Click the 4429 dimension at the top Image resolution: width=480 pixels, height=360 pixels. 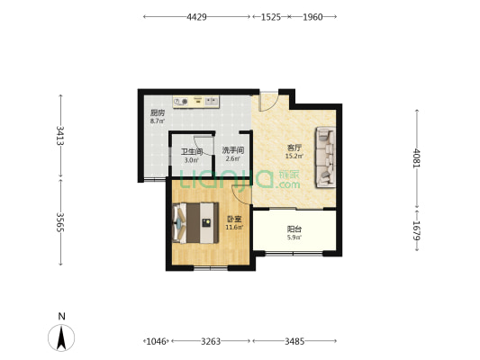click(x=196, y=17)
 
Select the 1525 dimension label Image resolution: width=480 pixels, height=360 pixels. click(x=270, y=17)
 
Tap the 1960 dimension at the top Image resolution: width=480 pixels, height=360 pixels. click(x=312, y=17)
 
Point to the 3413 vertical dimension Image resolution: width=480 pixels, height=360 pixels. click(x=60, y=136)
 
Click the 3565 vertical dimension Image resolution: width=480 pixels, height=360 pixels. click(x=60, y=222)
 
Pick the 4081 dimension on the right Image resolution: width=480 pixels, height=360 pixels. click(x=417, y=157)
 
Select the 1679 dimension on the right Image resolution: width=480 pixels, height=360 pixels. click(x=417, y=230)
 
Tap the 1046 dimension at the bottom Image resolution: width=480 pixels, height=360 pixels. click(x=156, y=341)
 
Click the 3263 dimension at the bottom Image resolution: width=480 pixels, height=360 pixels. click(x=211, y=341)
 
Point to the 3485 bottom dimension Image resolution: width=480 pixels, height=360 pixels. click(x=294, y=341)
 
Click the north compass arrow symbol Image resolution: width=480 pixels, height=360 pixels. click(x=61, y=337)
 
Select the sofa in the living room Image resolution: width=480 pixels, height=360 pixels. click(x=325, y=157)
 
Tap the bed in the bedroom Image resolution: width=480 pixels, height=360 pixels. click(x=195, y=222)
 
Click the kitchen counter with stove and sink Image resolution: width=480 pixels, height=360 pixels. click(x=196, y=102)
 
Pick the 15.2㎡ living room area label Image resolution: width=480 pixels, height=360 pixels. click(x=294, y=157)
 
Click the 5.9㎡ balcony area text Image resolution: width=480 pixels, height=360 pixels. click(x=294, y=237)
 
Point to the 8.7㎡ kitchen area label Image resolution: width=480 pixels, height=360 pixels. click(x=158, y=121)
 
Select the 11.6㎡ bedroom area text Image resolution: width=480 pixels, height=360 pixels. click(x=234, y=228)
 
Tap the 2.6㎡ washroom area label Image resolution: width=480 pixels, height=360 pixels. click(x=233, y=158)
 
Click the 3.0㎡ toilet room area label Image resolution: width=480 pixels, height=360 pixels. click(x=192, y=159)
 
